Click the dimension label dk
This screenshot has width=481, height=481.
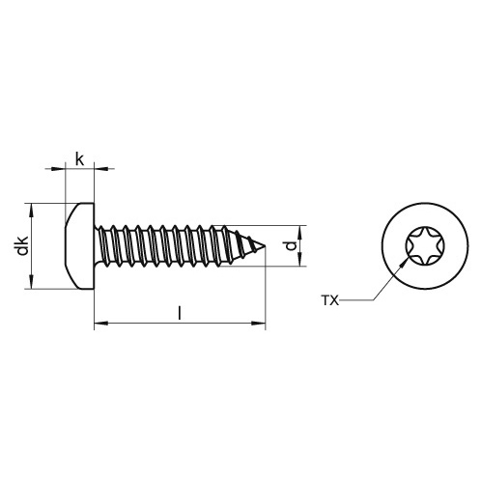21,246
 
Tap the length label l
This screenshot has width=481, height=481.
179,311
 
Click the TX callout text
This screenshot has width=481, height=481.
330,301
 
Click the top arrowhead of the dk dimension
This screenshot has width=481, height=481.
32,207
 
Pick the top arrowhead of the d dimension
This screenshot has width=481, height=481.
301,230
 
